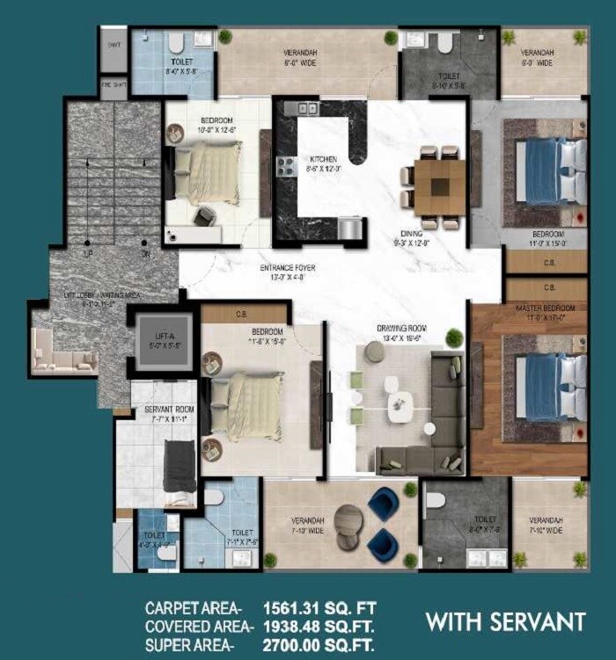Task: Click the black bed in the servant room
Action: [x=180, y=465]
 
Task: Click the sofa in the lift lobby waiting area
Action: [x=62, y=352]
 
